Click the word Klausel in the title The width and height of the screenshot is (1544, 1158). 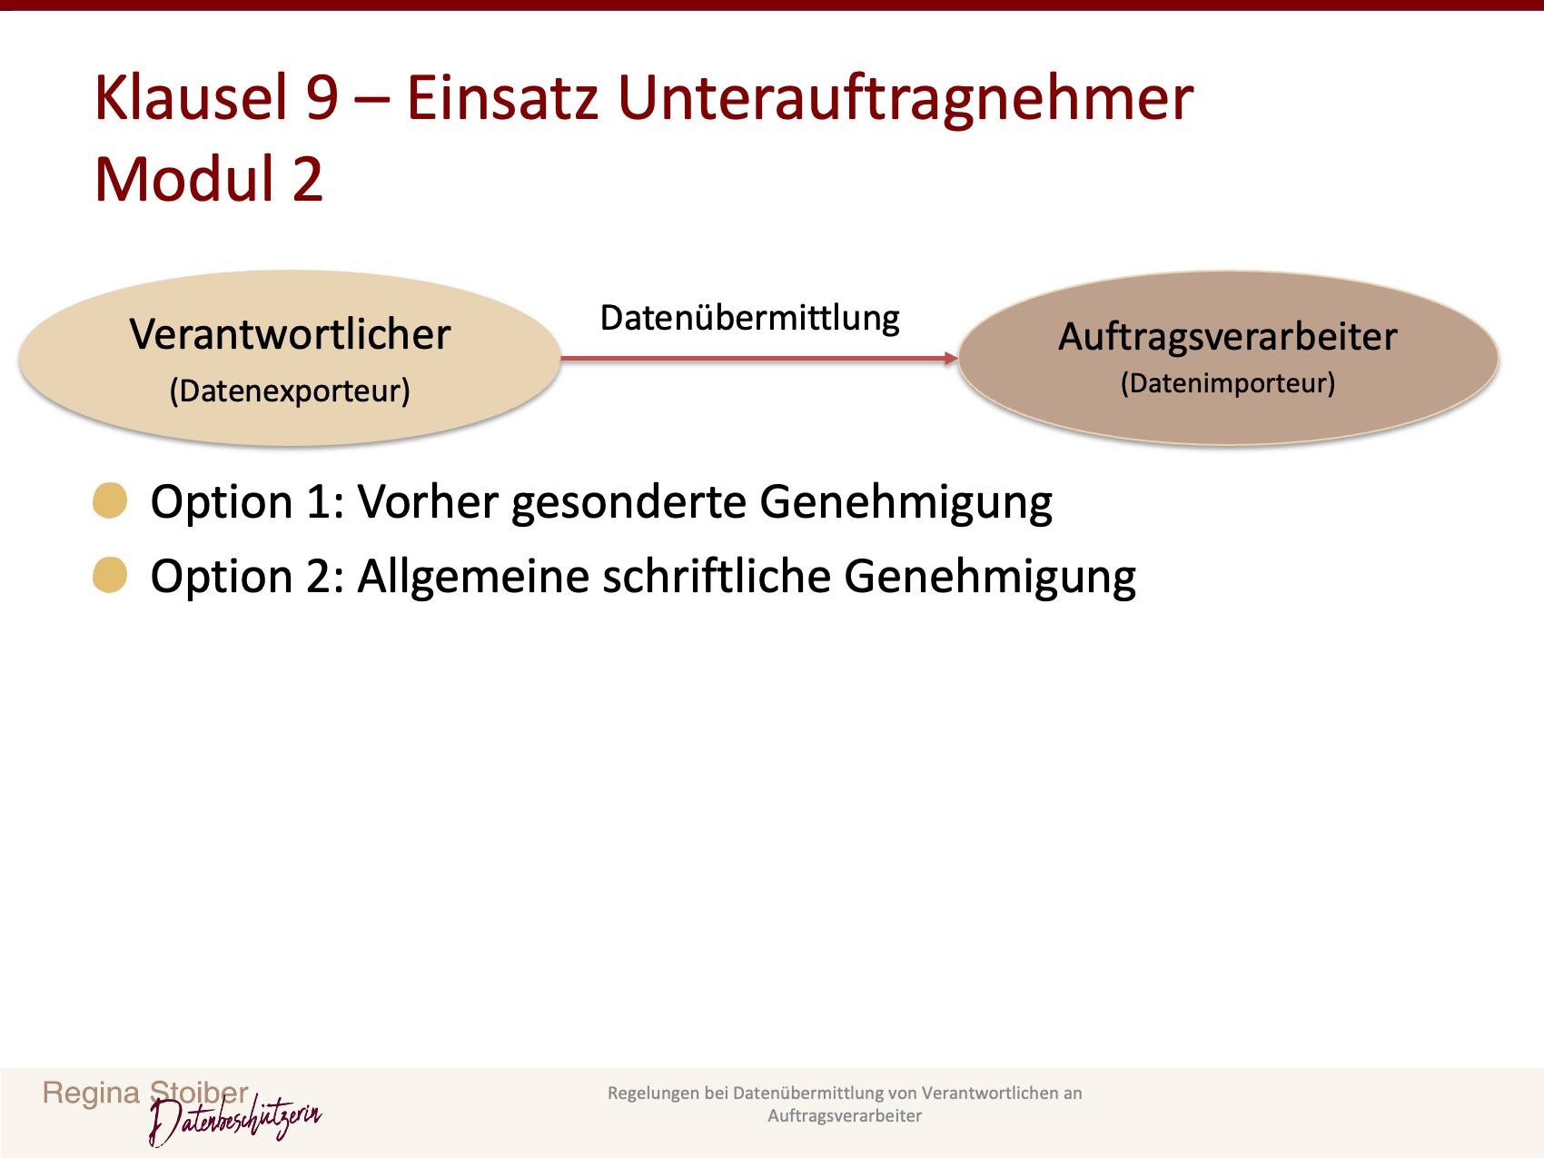tap(192, 98)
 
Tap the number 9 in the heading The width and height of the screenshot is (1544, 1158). tap(322, 98)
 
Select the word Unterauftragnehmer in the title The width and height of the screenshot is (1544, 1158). tap(906, 98)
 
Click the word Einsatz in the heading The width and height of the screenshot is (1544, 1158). tap(502, 98)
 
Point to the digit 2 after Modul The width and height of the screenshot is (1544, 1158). tap(307, 179)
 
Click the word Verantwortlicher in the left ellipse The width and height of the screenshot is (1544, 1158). tap(290, 335)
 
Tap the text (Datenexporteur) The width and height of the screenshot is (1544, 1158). tap(290, 391)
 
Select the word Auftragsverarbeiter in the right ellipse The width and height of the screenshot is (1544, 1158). tap(1227, 337)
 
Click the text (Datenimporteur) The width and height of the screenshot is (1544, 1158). tap(1227, 383)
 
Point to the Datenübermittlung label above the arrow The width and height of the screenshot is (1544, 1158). tap(749, 319)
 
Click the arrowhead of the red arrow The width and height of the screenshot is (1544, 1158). tap(951, 359)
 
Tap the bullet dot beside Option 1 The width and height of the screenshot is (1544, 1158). tap(110, 501)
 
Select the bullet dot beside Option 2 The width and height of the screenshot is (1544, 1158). tap(110, 576)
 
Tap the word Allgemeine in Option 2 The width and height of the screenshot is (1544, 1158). tap(472, 577)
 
